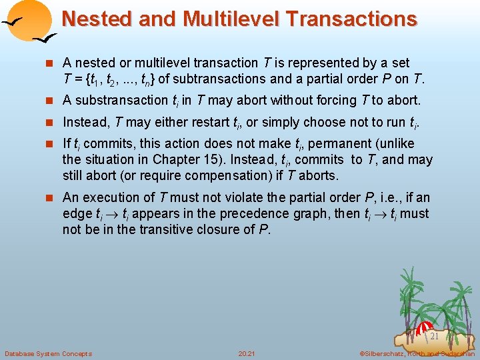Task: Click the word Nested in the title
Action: pyautogui.click(x=97, y=19)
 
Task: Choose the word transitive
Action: pyautogui.click(x=149, y=230)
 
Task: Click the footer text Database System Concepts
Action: pyautogui.click(x=48, y=353)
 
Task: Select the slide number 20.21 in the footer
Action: pyautogui.click(x=246, y=353)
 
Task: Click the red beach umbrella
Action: pyautogui.click(x=424, y=328)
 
